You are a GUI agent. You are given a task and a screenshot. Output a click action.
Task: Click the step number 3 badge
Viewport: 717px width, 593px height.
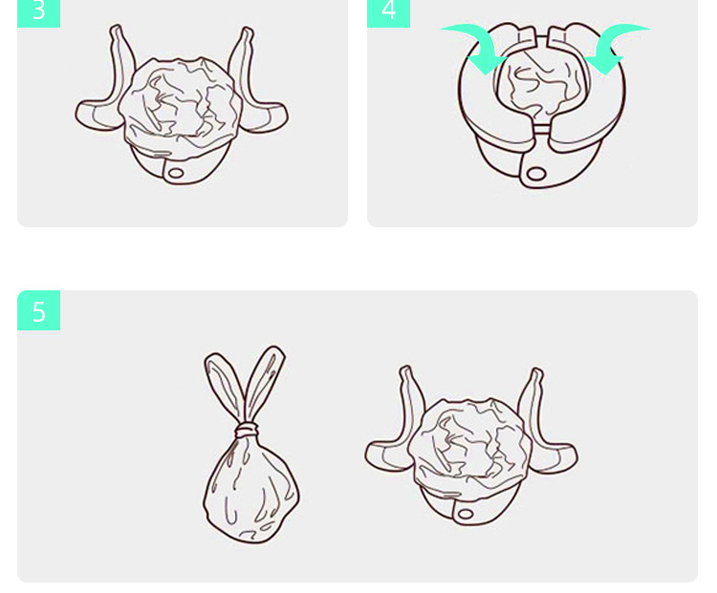39,13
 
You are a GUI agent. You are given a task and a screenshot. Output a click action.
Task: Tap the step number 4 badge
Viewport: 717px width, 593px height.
389,13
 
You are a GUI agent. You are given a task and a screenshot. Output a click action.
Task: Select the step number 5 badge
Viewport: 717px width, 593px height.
39,310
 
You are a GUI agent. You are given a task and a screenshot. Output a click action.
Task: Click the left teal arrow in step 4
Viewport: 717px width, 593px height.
475,46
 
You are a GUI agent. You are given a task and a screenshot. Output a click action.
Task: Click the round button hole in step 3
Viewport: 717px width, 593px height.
176,173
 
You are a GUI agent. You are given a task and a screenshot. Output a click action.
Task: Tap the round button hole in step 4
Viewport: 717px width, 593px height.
536,174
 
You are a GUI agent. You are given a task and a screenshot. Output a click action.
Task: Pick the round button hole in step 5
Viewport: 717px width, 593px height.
466,514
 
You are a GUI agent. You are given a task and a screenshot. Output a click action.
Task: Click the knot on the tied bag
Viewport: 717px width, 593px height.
247,430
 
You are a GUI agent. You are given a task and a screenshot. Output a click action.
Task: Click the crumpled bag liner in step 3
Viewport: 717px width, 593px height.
180,103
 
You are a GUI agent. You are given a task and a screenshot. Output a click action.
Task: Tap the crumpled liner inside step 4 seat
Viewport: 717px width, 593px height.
540,88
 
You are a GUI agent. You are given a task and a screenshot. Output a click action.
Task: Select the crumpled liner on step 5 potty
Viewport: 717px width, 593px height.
469,444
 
